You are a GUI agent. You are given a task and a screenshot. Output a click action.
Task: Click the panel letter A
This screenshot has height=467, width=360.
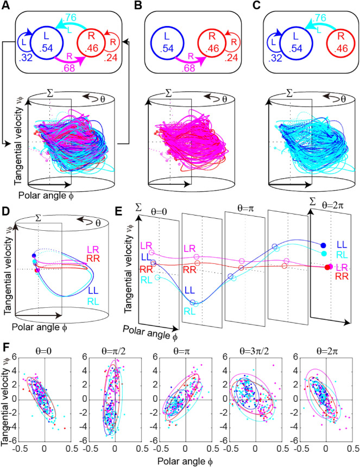click(7, 7)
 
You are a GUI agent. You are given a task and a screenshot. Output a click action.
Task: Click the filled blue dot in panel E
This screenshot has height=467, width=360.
click(323, 245)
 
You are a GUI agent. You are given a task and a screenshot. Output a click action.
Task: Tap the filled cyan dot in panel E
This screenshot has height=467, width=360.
click(323, 253)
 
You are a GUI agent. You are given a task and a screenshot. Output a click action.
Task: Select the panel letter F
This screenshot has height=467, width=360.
click(7, 345)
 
